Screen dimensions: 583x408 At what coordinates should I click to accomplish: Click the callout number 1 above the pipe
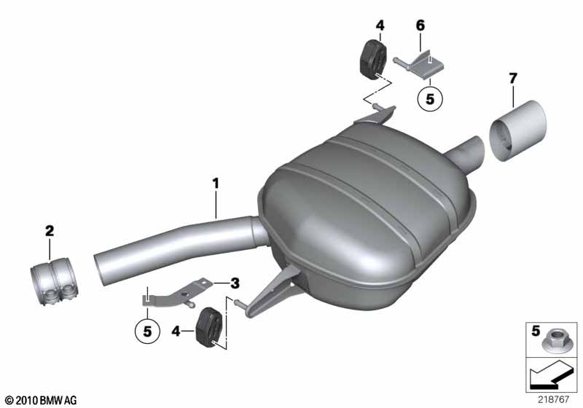[x=216, y=184]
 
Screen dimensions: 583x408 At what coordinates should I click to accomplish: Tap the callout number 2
[x=50, y=231]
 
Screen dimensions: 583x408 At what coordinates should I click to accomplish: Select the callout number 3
[x=235, y=283]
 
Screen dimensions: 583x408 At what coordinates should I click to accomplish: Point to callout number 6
[x=420, y=25]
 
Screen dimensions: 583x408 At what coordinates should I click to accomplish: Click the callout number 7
[x=513, y=79]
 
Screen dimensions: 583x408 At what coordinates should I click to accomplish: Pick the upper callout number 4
[x=380, y=25]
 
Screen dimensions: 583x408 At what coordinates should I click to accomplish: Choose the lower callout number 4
[x=176, y=331]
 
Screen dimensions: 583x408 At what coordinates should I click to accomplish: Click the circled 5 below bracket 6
[x=430, y=99]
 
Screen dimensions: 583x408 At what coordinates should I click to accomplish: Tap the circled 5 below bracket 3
[x=148, y=331]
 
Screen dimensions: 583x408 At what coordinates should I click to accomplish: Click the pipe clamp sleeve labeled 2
[x=52, y=283]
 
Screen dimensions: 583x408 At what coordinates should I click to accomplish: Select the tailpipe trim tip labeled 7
[x=518, y=131]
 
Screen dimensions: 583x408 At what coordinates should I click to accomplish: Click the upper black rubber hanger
[x=373, y=60]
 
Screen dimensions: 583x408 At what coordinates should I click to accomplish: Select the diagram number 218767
[x=553, y=399]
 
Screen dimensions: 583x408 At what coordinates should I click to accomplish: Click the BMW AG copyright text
[x=42, y=400]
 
